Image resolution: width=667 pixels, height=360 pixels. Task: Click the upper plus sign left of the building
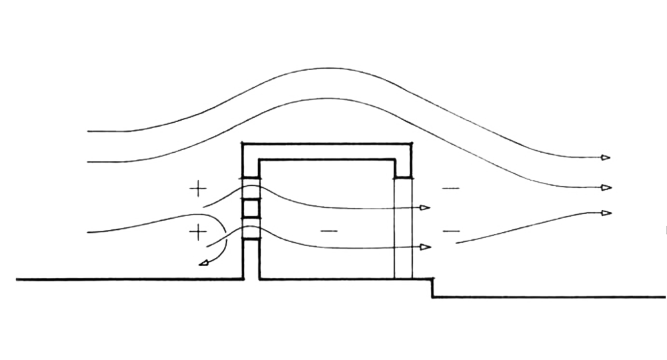[x=198, y=189]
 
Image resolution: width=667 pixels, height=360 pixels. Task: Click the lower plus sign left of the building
[x=198, y=232]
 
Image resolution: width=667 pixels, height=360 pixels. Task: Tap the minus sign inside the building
[x=329, y=231]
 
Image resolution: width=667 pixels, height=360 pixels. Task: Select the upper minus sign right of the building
[x=450, y=189]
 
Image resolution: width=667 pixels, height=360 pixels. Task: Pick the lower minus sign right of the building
[x=451, y=231]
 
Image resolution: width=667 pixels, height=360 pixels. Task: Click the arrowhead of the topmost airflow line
[x=605, y=157]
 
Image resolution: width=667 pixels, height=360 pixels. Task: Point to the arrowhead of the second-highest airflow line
[x=606, y=187]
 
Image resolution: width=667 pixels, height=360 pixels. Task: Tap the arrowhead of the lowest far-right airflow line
[x=606, y=213]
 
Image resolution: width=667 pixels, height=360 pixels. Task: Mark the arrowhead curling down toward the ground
[x=203, y=264]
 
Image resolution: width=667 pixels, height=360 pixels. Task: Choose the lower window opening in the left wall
[x=250, y=228]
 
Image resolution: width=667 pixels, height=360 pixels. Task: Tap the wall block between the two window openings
[x=250, y=208]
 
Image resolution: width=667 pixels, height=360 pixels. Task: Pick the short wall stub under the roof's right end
[x=403, y=169]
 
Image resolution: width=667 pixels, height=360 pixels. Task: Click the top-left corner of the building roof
[x=243, y=145]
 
